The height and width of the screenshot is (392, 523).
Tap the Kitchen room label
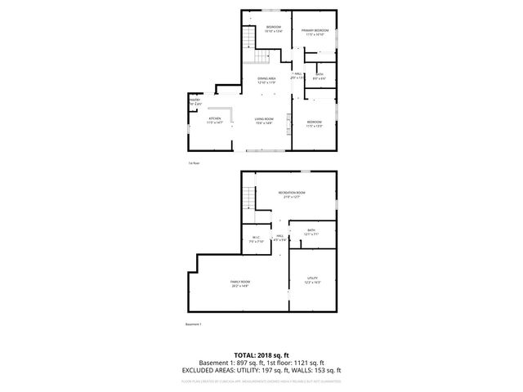point(215,120)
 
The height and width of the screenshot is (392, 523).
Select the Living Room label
point(263,121)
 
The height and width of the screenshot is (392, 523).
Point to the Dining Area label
point(266,81)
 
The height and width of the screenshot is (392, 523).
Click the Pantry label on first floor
point(194,102)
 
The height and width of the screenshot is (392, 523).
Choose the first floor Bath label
point(319,77)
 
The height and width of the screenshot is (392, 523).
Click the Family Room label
point(239,283)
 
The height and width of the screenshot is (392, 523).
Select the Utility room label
point(313,280)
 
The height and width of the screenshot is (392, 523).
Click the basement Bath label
point(311,233)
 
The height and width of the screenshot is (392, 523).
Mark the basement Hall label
point(279,238)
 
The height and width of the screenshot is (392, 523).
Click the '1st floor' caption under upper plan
point(194,163)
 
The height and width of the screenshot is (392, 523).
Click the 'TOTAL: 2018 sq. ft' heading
point(261,355)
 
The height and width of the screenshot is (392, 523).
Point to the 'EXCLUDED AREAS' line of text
point(261,370)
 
